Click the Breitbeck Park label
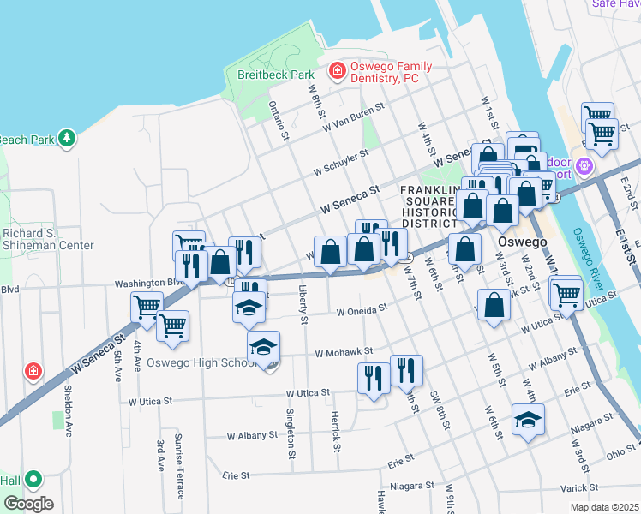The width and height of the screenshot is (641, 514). [x=276, y=75]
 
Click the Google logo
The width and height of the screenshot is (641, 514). [x=28, y=504]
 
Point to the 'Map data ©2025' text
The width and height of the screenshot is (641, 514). [x=603, y=507]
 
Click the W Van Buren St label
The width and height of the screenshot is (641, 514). [x=354, y=119]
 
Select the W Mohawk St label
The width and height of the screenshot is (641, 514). [x=344, y=351]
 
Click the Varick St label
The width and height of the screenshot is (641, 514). [x=581, y=487]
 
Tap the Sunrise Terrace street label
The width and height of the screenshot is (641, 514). [x=179, y=466]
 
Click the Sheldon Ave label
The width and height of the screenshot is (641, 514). [x=67, y=409]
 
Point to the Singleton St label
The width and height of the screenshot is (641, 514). [x=291, y=428]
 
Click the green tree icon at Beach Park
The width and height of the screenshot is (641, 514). [x=67, y=138]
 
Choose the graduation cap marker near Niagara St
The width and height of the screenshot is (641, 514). [x=527, y=419]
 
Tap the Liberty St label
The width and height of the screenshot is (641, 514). [x=303, y=305]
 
